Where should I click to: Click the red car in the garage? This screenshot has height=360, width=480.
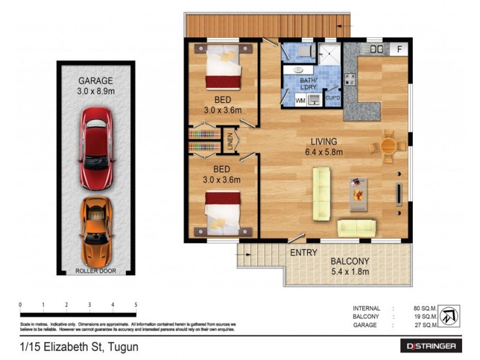coord(96,146)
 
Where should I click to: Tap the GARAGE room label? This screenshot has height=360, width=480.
coord(96,81)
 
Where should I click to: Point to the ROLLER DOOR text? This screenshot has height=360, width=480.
coord(96,271)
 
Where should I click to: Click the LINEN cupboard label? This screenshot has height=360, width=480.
coord(230,140)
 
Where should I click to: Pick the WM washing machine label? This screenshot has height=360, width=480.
coord(300,101)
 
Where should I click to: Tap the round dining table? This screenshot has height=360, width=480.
coord(388,146)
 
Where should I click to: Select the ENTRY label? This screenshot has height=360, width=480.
coord(304,253)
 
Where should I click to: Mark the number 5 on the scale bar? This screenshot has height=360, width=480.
coord(136,305)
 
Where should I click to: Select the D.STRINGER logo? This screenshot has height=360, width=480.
coord(431,346)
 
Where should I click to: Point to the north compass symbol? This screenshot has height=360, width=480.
coord(449,317)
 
